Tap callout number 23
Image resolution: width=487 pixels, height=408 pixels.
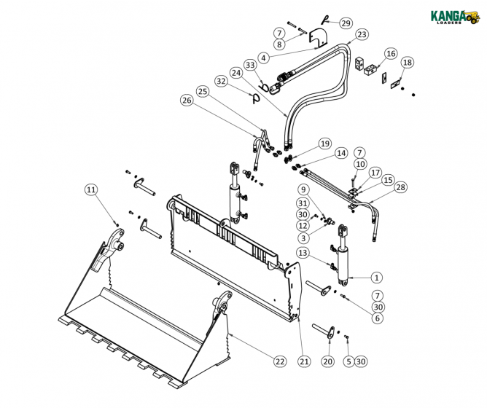pyautogui.click(x=362, y=34)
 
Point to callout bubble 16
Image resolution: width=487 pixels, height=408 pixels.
pyautogui.click(x=391, y=53)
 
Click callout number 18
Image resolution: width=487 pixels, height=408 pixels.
pyautogui.click(x=407, y=63)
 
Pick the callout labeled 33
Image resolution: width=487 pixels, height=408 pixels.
pyautogui.click(x=250, y=66)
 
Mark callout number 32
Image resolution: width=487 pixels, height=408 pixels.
pyautogui.click(x=221, y=81)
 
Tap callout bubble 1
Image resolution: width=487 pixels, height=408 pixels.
pyautogui.click(x=376, y=277)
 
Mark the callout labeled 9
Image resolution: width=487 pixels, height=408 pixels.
pyautogui.click(x=303, y=189)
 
